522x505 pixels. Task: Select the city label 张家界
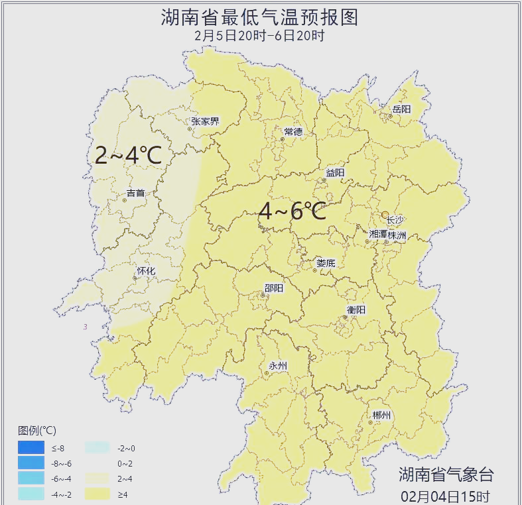pyautogui.click(x=205, y=121)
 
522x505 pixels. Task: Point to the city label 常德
pyautogui.click(x=293, y=132)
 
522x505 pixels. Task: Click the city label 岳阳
pyautogui.click(x=401, y=109)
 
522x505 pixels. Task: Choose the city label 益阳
pyautogui.click(x=335, y=172)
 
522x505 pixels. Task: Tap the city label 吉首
pyautogui.click(x=135, y=194)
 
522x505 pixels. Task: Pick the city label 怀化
pyautogui.click(x=146, y=271)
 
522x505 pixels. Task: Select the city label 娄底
pyautogui.click(x=326, y=263)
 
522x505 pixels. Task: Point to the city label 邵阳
pyautogui.click(x=273, y=288)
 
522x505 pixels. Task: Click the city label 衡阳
pyautogui.click(x=356, y=309)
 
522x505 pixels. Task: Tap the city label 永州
pyautogui.click(x=278, y=366)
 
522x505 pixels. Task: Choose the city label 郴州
pyautogui.click(x=381, y=416)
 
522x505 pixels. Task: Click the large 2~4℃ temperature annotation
pyautogui.click(x=128, y=156)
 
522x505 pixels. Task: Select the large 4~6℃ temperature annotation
pyautogui.click(x=292, y=212)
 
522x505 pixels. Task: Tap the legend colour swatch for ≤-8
pyautogui.click(x=31, y=448)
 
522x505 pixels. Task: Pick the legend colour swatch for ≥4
pyautogui.click(x=99, y=494)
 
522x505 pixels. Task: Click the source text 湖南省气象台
pyautogui.click(x=446, y=475)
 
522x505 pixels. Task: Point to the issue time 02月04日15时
pyautogui.click(x=446, y=496)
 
